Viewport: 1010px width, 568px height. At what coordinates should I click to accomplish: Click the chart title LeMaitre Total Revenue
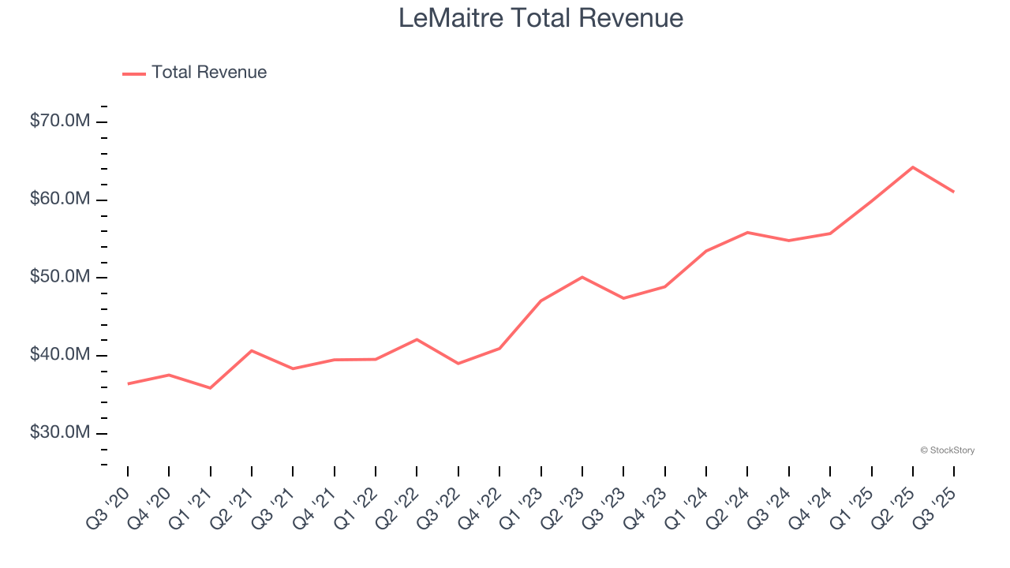pos(541,17)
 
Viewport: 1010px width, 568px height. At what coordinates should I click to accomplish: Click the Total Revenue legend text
pos(209,73)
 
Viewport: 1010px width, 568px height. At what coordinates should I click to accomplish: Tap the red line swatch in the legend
pos(134,73)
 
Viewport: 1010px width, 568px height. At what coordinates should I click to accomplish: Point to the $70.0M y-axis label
pos(59,121)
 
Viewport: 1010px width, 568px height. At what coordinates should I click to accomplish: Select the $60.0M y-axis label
pos(59,200)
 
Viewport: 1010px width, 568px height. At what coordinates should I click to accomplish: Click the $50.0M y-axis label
pos(59,278)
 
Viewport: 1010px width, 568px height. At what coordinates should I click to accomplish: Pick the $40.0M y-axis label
pos(59,356)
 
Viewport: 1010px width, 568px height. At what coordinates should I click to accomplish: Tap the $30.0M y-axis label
pos(59,434)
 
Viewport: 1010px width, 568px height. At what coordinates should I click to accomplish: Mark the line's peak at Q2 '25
pos(913,167)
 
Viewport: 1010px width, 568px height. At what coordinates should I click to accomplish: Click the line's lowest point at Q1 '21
pos(210,388)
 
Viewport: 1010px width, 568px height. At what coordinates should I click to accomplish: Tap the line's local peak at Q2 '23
pos(582,277)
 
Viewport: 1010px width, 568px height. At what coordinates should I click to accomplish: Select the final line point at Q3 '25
pos(954,192)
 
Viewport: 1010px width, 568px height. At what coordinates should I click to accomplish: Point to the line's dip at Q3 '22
pos(458,364)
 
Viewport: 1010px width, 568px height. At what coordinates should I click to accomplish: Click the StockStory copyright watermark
pos(947,450)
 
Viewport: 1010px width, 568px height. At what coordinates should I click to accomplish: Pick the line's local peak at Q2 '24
pos(747,233)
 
